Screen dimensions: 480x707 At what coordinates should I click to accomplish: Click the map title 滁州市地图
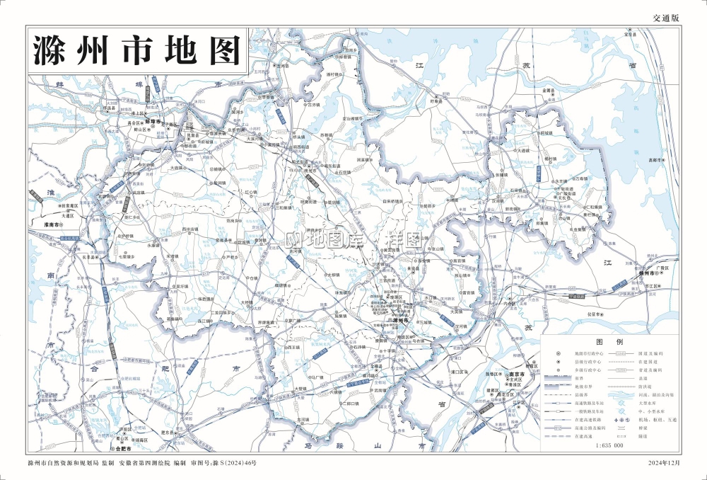137,50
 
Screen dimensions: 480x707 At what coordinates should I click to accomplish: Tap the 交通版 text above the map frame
665,17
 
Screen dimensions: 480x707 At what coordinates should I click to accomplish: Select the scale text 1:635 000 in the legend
609,446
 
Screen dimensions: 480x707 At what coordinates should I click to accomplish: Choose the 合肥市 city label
124,449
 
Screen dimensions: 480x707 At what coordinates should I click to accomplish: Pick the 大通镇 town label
522,150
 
